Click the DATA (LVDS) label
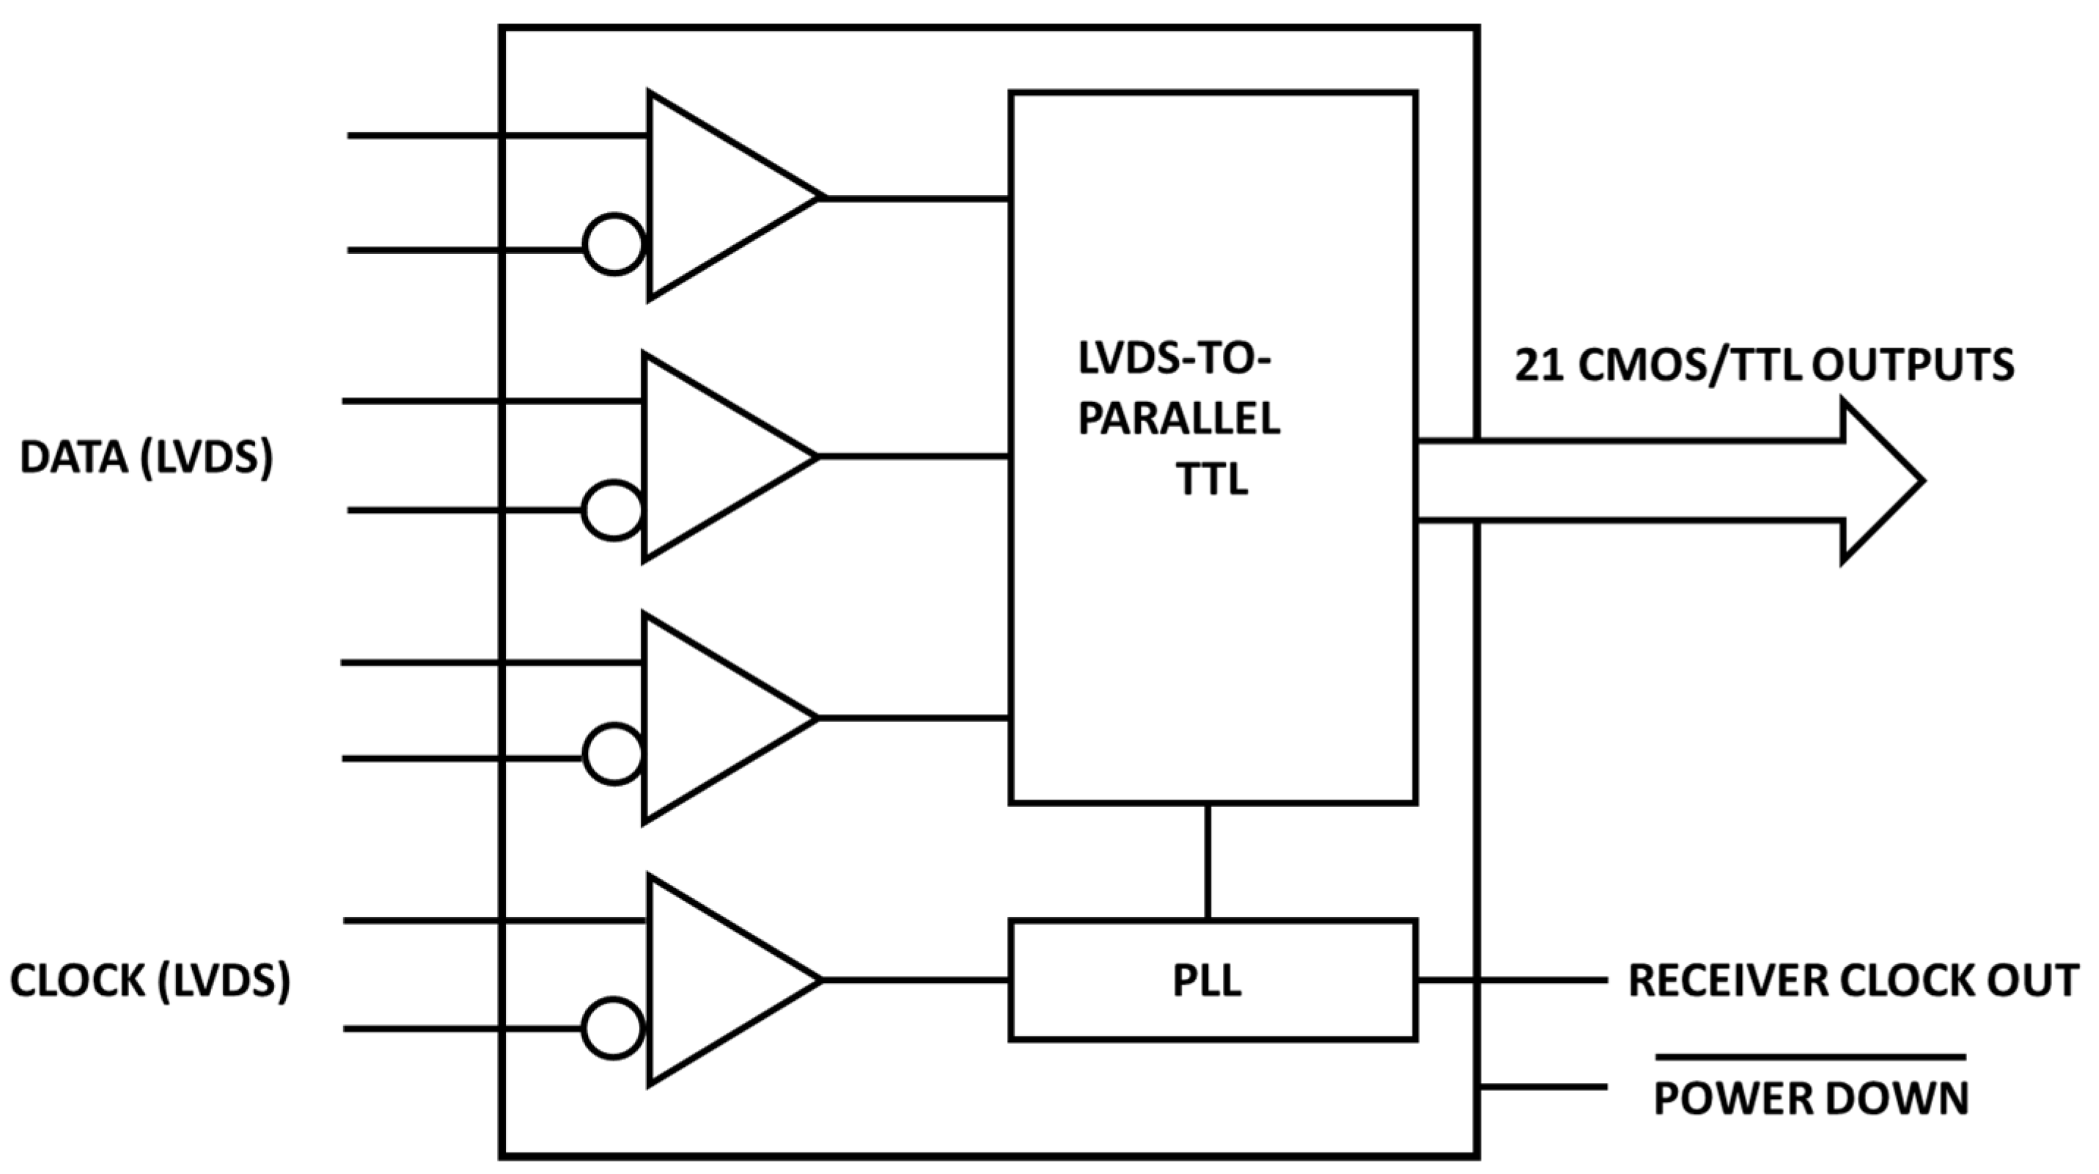[x=147, y=457]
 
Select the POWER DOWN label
[x=1811, y=1098]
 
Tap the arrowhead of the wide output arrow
[x=1882, y=481]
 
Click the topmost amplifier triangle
[x=717, y=196]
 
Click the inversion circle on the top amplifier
[x=614, y=244]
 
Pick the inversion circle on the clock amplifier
[x=614, y=1028]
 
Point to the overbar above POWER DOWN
[x=1811, y=1057]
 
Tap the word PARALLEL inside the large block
[x=1178, y=420]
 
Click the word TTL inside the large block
[x=1212, y=479]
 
